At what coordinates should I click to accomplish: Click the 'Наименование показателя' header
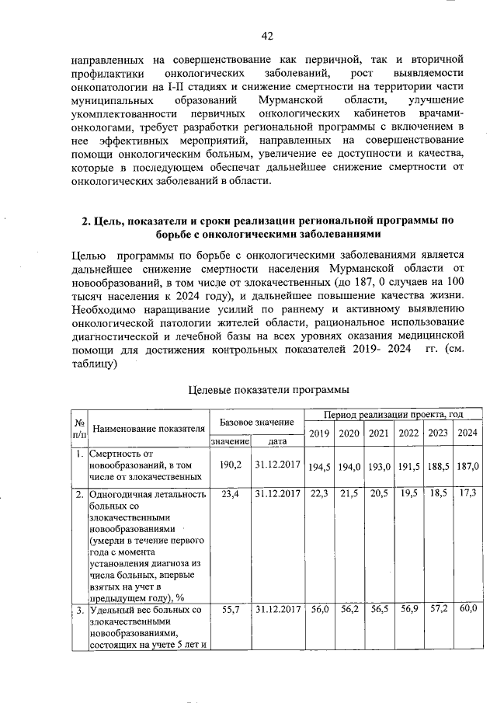(x=148, y=428)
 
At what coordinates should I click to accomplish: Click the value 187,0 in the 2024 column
(x=467, y=466)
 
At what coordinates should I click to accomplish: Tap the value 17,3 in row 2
(x=467, y=493)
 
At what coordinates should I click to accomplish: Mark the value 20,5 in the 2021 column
(x=378, y=493)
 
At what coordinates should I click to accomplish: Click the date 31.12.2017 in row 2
(x=276, y=493)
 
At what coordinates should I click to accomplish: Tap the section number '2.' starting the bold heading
(x=88, y=221)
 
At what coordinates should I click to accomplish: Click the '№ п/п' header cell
(x=78, y=428)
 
